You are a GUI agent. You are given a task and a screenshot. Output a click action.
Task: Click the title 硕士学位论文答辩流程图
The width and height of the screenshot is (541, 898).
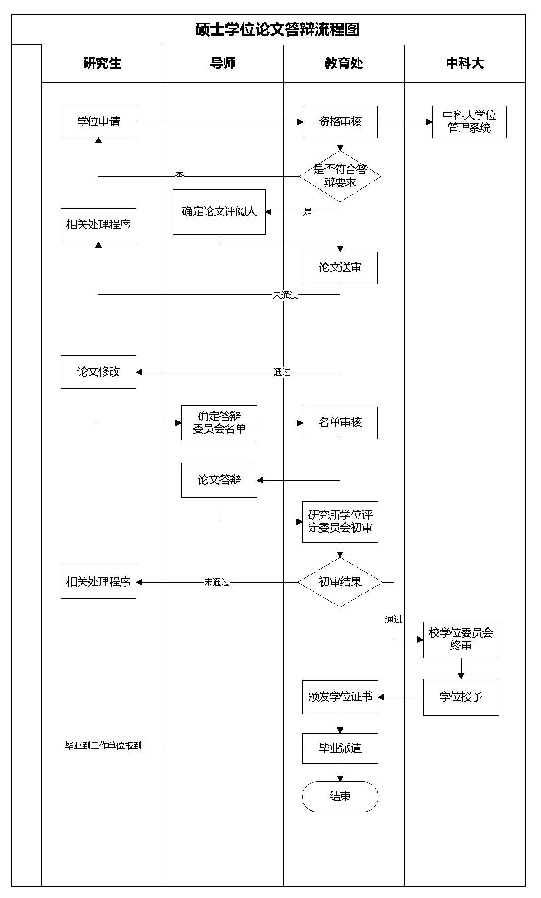277,30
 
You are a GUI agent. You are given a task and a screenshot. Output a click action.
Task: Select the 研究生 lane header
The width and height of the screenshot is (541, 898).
102,64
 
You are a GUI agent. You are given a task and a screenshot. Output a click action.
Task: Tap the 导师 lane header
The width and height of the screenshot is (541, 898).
223,64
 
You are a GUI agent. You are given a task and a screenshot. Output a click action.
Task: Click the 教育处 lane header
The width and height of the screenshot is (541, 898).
344,64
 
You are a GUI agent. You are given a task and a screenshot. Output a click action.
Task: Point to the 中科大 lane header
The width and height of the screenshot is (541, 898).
465,64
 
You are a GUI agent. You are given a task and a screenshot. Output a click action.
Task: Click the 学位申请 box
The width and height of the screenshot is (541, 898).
98,122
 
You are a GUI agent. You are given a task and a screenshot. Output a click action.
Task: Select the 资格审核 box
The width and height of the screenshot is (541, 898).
340,122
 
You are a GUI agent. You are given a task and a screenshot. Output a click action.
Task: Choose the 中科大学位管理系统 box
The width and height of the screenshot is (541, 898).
469,122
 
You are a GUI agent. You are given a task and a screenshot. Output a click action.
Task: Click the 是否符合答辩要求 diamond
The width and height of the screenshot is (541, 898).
340,176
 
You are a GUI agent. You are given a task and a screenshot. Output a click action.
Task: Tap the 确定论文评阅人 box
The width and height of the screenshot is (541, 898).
219,212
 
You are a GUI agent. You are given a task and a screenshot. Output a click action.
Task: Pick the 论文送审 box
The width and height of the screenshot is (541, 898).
340,268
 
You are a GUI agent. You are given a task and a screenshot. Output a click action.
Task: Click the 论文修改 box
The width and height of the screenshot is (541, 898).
98,372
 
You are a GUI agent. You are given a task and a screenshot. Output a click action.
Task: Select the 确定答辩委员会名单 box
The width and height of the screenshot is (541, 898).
219,423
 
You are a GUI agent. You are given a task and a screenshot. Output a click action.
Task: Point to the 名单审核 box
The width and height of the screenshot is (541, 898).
340,423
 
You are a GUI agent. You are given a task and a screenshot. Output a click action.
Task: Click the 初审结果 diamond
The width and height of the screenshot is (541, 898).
340,582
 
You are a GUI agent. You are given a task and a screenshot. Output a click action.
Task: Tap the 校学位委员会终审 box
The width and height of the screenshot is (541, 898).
461,640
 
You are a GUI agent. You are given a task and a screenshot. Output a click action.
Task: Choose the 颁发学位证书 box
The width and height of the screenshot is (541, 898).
340,697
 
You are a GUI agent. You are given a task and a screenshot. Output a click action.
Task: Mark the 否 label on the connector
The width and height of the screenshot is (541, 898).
180,176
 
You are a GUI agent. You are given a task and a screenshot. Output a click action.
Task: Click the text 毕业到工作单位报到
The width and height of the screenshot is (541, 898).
104,746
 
